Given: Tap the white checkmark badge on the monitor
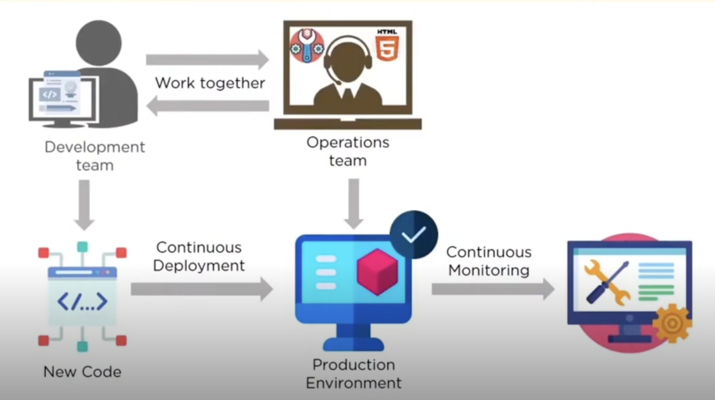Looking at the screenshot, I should coord(414,234).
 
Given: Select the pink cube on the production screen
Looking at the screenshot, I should coord(377,272).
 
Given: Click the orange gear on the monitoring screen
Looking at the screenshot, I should coord(672,323).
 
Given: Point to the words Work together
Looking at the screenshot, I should coord(210,83).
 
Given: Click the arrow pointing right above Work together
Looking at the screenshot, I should coord(207,59).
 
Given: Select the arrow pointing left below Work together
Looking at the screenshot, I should coord(207,106).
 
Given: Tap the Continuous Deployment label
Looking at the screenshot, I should coord(199,256).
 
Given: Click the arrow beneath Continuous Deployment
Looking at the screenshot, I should coord(202,289).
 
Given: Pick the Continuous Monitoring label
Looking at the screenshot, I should coord(489,261).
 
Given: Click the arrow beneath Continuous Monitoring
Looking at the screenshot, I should coord(493,289).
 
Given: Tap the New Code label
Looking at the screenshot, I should coord(82,371).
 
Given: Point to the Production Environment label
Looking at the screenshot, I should coord(354,374).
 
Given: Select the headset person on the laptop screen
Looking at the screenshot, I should coord(348,72).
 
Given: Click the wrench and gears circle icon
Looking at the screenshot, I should coord(307,46).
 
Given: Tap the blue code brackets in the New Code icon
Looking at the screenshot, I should coord(82,302).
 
